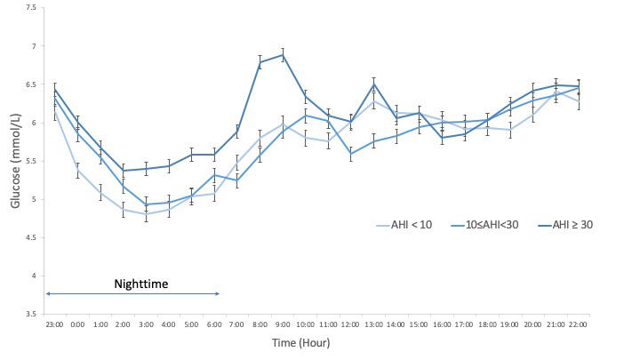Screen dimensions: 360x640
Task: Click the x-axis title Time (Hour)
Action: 302,341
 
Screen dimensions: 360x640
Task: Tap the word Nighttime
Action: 141,284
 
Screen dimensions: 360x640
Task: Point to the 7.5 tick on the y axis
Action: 32,7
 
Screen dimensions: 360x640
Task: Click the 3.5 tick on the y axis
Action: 32,314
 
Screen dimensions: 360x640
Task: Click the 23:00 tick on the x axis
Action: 54,324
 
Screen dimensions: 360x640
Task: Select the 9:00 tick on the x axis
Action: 284,324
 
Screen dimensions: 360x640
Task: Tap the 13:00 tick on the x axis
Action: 375,324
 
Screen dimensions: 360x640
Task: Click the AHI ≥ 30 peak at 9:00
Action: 284,55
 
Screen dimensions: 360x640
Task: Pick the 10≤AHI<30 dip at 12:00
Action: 352,154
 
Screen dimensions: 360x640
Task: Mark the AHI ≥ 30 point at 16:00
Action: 444,138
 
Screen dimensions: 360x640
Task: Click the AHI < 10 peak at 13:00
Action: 375,100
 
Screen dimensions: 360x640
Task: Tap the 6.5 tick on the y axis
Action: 32,84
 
